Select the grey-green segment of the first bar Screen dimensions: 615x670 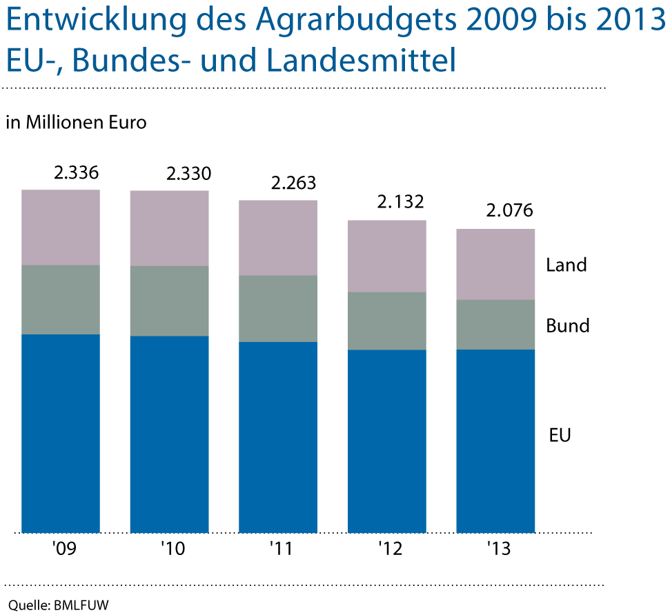(x=61, y=299)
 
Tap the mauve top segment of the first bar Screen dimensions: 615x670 (x=61, y=227)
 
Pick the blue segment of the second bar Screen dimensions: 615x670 (x=170, y=434)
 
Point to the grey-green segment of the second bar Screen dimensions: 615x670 (x=170, y=301)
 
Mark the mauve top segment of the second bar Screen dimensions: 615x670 (x=170, y=228)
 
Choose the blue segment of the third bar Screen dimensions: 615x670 (x=278, y=437)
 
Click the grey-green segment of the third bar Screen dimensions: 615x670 (x=278, y=308)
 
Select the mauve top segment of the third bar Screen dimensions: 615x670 (x=278, y=237)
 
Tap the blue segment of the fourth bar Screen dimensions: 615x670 (x=387, y=441)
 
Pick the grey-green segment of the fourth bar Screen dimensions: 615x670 (x=387, y=321)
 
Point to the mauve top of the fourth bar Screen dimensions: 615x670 (x=387, y=256)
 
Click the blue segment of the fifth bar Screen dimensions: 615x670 (x=495, y=441)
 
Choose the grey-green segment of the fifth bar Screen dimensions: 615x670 (x=495, y=324)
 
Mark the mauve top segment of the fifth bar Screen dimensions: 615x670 (x=495, y=264)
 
